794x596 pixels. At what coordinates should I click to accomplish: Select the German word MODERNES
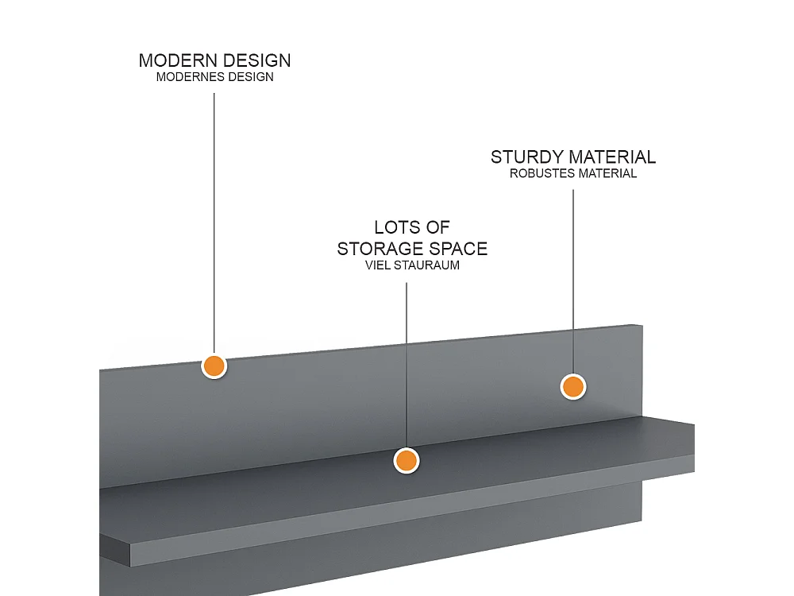click(x=191, y=77)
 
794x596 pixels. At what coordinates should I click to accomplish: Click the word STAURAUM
click(x=426, y=265)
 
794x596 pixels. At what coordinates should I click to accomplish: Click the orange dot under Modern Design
click(x=214, y=366)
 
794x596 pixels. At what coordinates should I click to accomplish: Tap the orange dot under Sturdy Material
click(x=573, y=387)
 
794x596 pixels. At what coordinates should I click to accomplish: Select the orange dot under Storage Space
click(x=406, y=461)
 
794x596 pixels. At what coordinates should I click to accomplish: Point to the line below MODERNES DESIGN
click(x=214, y=223)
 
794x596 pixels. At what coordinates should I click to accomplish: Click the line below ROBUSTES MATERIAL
click(x=573, y=282)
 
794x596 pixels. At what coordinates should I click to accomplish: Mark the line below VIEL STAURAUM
click(x=406, y=366)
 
